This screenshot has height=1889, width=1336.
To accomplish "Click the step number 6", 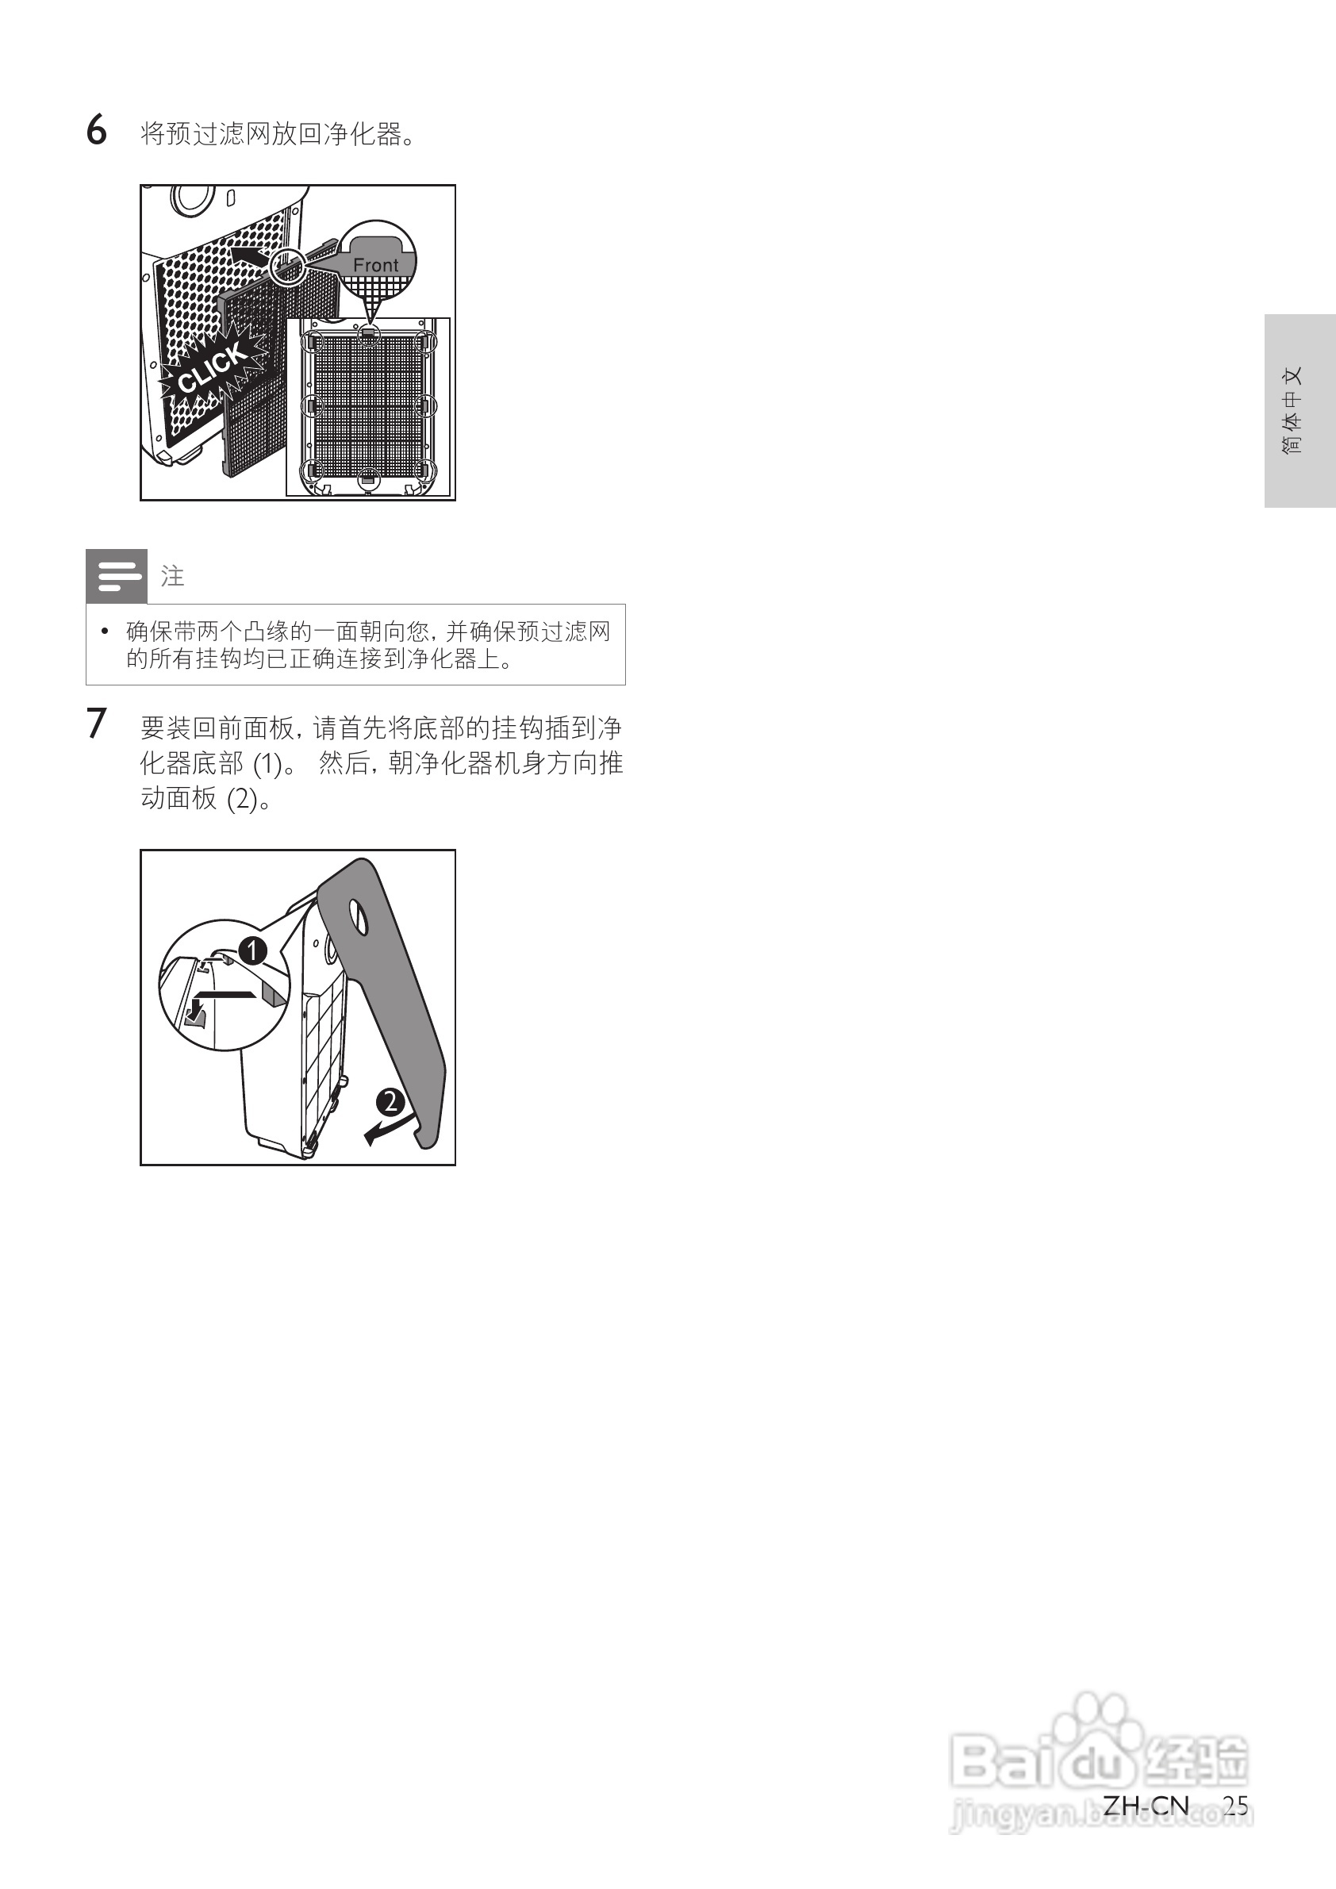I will (96, 131).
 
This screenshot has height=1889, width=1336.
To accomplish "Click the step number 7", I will (96, 724).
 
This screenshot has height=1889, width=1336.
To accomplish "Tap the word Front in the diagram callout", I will (375, 265).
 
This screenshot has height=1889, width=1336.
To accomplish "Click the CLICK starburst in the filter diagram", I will (213, 369).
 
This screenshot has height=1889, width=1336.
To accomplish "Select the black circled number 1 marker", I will (252, 950).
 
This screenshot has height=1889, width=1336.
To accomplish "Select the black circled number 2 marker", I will (390, 1101).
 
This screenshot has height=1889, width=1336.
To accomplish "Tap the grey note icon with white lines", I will (117, 576).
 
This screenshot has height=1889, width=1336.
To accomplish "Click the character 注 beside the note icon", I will (172, 576).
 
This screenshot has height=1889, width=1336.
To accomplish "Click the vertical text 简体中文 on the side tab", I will (1292, 409).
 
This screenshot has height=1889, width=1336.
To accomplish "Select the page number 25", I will (1234, 1805).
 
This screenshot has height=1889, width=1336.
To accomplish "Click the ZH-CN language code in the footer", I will (1146, 1805).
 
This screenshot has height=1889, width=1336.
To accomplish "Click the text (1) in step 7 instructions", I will (267, 764).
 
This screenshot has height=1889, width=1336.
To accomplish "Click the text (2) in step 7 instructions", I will (242, 799).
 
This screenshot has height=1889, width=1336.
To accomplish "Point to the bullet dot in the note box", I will (105, 631).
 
